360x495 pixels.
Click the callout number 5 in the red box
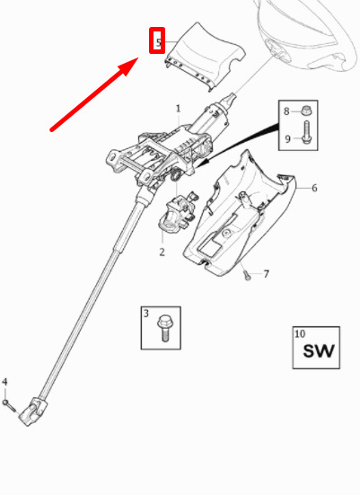point(158,42)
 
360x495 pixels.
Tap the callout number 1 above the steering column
point(179,109)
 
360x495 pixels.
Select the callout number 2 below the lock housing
point(162,252)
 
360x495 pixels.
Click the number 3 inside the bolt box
point(146,314)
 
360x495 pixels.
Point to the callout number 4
point(4,382)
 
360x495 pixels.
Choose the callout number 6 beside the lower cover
point(314,188)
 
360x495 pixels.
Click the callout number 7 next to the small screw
point(267,274)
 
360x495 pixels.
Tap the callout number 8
point(286,111)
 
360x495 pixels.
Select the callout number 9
point(287,139)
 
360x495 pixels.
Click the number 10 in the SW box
point(300,333)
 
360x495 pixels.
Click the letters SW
point(318,350)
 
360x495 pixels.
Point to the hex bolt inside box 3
point(163,328)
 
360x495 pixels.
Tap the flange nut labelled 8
point(305,110)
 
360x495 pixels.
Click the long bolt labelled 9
point(307,132)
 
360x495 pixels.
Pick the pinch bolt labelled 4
point(9,405)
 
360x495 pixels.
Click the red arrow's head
point(128,66)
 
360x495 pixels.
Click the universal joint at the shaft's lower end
point(31,411)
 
